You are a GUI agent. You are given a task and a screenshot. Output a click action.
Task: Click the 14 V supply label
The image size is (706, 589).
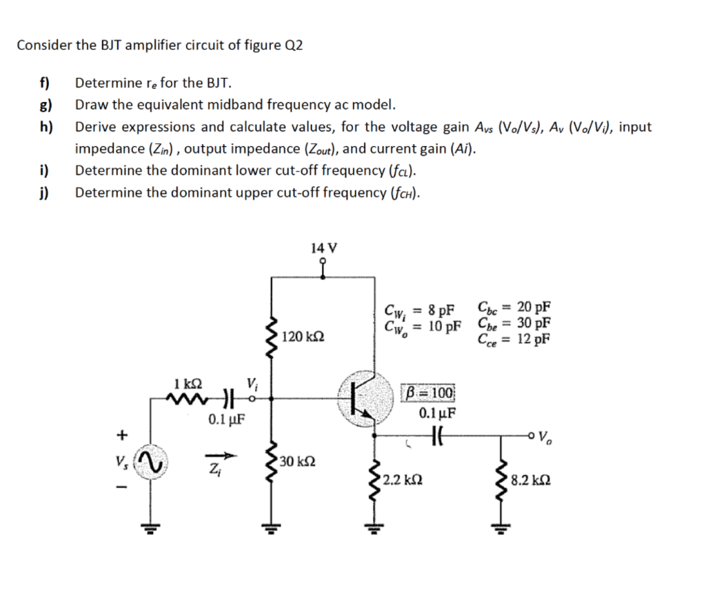323,248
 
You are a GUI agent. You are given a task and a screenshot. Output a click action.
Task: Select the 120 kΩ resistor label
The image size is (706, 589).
303,338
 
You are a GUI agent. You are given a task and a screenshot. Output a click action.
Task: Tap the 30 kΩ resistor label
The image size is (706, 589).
298,461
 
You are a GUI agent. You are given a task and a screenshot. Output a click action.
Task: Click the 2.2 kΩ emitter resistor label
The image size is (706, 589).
403,477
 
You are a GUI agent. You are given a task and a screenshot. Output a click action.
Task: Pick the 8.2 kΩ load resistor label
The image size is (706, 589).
532,477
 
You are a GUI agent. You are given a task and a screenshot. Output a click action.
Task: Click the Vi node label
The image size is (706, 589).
252,383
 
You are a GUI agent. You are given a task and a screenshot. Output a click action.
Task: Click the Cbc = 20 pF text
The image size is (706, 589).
514,308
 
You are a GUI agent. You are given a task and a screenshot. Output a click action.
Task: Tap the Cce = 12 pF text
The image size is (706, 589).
514,339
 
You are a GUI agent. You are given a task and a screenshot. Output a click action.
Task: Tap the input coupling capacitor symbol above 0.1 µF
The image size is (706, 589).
225,398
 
